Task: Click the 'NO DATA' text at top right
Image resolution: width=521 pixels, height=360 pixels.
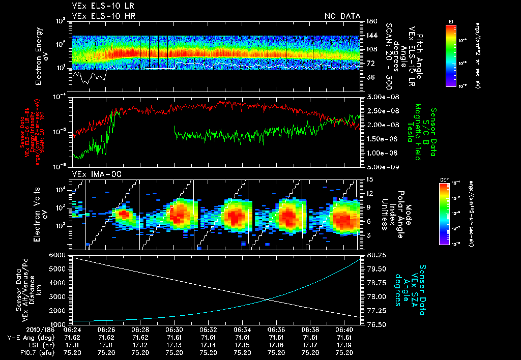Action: [342, 16]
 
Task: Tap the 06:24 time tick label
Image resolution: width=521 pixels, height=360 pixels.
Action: [72, 329]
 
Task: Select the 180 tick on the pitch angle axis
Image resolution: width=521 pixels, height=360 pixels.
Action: [370, 21]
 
